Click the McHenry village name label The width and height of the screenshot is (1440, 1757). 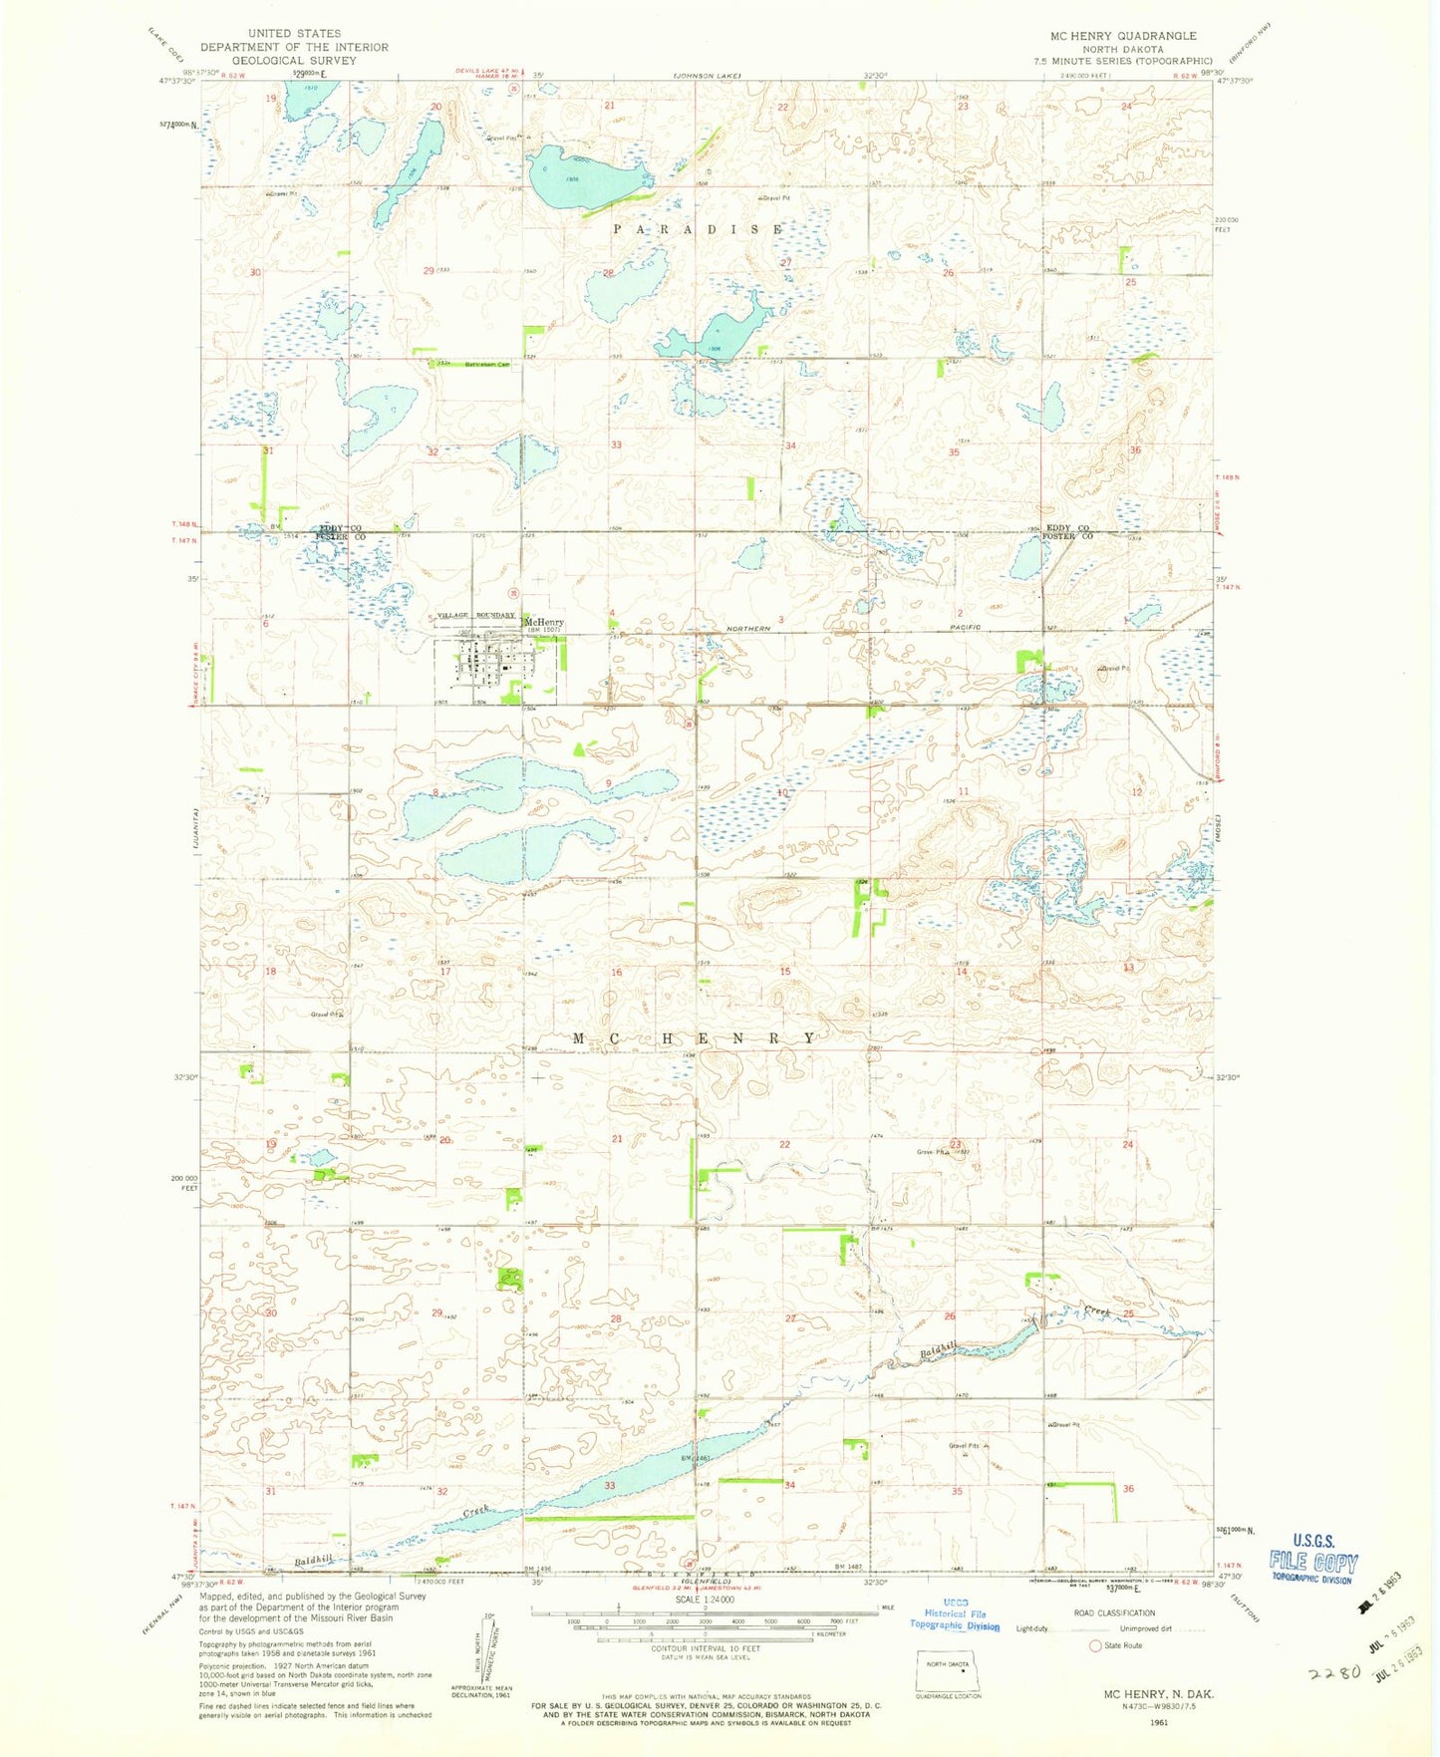point(543,622)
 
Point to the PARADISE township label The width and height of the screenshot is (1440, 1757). point(698,229)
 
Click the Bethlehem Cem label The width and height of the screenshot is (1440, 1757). point(487,365)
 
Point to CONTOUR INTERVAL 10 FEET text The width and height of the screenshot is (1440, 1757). point(705,1647)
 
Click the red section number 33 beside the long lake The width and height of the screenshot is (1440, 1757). point(610,1485)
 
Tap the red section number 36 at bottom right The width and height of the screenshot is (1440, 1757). point(1128,1488)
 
